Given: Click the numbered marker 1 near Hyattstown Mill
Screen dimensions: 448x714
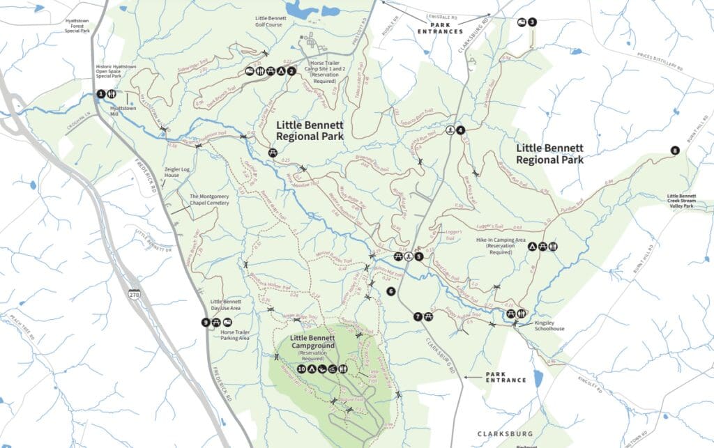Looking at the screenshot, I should point(101,94).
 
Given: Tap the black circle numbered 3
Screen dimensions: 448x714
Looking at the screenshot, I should point(533,22).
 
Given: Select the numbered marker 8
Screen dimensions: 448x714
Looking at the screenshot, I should point(674,150).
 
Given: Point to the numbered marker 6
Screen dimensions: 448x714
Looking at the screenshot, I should point(390,291).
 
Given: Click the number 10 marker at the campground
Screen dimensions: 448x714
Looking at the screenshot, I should point(301,369).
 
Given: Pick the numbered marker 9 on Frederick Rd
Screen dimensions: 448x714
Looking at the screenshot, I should point(205,322).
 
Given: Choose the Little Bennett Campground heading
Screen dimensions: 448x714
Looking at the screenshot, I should point(313,341).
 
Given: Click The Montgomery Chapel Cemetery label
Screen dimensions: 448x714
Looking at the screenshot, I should point(214,199).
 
